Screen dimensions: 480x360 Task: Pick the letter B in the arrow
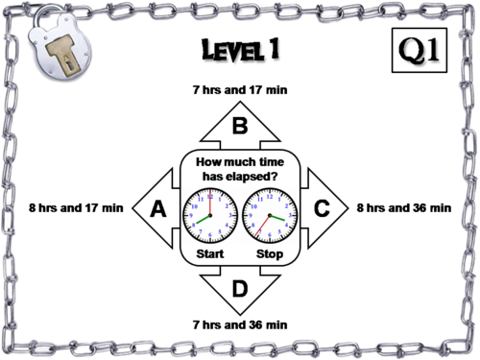coord(240,126)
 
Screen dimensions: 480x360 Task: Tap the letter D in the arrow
coord(240,289)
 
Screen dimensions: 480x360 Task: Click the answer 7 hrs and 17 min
coord(240,90)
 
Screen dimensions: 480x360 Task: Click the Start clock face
coord(210,215)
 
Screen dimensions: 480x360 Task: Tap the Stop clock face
coord(270,215)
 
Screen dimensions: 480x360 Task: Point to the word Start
coord(210,253)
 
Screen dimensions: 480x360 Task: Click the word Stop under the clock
coord(270,253)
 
